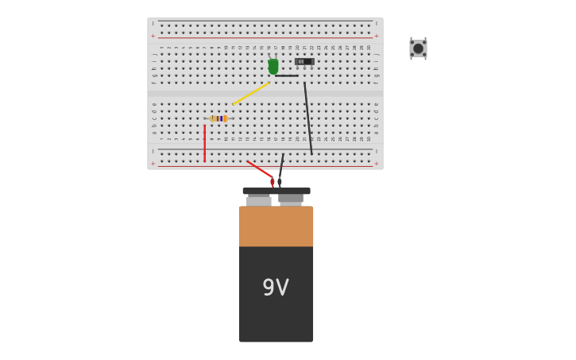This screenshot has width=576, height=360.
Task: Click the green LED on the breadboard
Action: point(273,67)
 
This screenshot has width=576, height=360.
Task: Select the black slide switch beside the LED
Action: point(304,61)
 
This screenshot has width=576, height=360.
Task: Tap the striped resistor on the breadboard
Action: point(218,118)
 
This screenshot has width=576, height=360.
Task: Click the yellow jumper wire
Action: point(250,94)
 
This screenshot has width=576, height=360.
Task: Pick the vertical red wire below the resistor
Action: point(204,143)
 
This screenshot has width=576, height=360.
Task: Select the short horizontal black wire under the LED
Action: point(287,75)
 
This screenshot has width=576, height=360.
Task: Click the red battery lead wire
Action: point(258,168)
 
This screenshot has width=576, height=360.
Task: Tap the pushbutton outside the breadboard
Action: point(418,48)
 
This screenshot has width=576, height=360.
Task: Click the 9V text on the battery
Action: point(276,288)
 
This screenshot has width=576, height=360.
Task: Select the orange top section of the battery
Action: point(276,226)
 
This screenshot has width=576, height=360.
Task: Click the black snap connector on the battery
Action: point(276,191)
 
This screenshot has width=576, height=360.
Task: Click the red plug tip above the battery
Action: point(273,182)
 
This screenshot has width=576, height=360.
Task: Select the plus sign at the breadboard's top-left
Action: point(153,36)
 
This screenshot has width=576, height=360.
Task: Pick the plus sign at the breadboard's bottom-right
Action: point(377,163)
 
